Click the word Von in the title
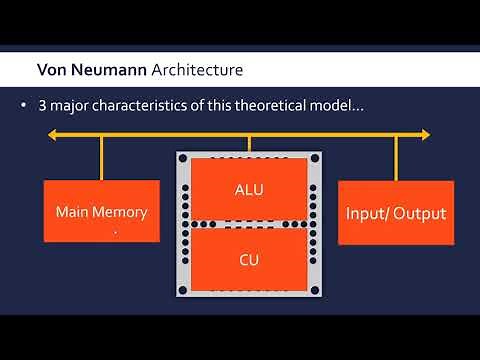52,70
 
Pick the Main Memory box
102,211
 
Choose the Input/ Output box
395,211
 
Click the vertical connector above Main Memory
102,157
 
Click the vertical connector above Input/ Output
396,157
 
